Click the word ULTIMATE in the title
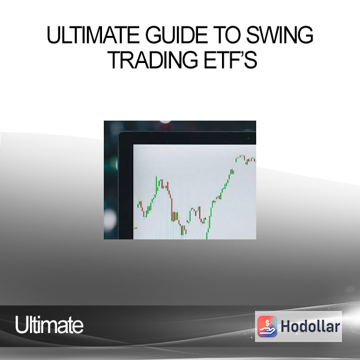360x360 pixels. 93,35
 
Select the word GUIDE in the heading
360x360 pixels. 176,35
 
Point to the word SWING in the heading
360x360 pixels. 280,35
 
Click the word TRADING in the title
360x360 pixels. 152,59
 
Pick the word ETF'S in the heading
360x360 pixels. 230,59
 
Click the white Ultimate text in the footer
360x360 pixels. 49,325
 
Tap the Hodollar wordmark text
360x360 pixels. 310,326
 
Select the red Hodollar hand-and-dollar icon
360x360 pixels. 267,326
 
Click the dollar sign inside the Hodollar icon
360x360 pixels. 267,323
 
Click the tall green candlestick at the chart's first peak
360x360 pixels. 157,185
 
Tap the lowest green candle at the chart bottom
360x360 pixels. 207,236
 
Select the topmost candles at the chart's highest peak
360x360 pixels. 240,157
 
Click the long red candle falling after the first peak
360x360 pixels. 172,209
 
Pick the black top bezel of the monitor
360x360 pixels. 187,138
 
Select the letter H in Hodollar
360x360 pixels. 285,326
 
